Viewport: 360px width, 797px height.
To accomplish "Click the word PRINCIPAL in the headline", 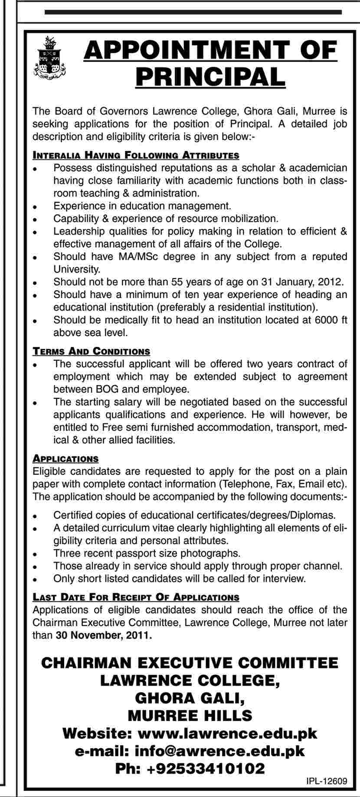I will [210, 76].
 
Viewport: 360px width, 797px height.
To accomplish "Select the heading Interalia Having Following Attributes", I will [136, 155].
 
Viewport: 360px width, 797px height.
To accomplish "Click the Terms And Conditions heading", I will [92, 351].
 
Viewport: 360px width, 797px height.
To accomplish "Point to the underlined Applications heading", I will [66, 459].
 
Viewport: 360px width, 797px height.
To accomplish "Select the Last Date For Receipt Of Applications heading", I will [136, 598].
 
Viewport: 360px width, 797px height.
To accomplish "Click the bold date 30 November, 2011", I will [104, 636].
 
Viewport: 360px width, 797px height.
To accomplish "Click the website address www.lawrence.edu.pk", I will [227, 734].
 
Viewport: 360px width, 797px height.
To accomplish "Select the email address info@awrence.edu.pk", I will [219, 751].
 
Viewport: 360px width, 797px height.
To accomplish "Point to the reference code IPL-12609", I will [326, 782].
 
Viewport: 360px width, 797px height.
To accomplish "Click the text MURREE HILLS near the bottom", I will [190, 715].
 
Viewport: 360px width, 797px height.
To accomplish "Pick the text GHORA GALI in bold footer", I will [190, 698].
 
